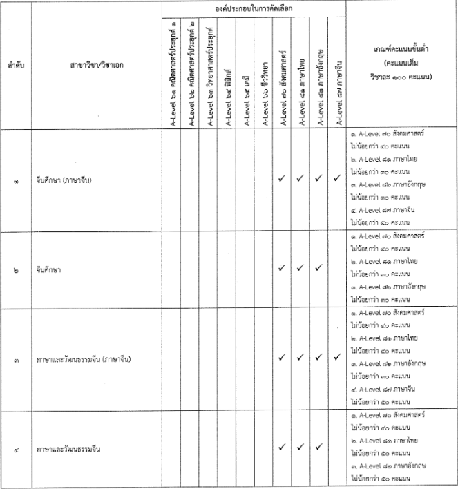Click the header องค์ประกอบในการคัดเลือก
tap(254, 8)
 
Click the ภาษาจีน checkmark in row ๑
tap(336, 179)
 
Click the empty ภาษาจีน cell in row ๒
tap(336, 271)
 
